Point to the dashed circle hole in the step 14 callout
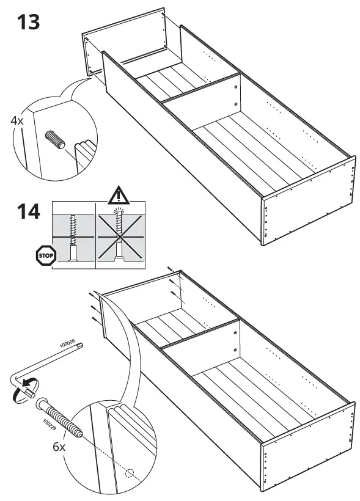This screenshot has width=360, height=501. (128, 472)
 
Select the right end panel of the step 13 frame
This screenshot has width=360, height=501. (309, 202)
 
